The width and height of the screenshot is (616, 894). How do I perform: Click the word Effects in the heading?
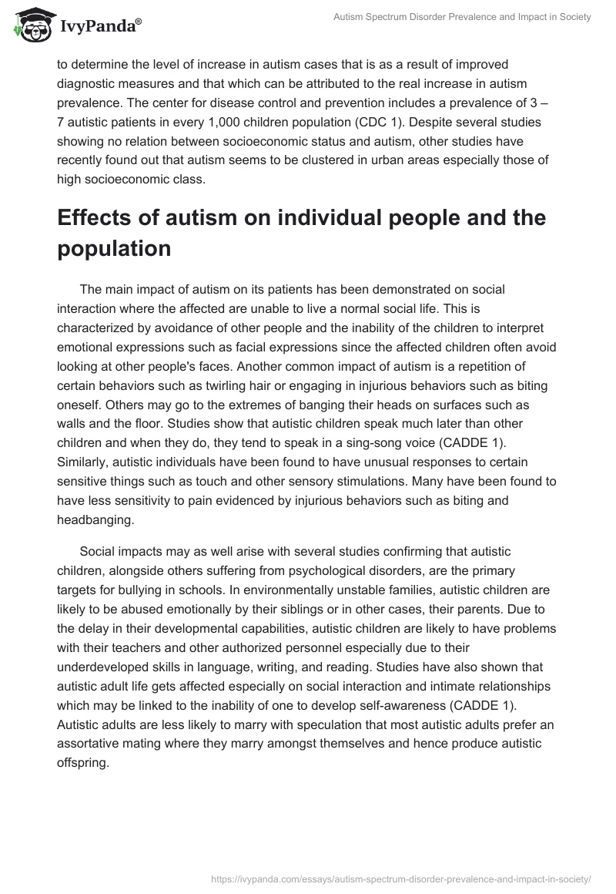coord(95,218)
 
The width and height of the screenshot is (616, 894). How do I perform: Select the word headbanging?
coord(95,519)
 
